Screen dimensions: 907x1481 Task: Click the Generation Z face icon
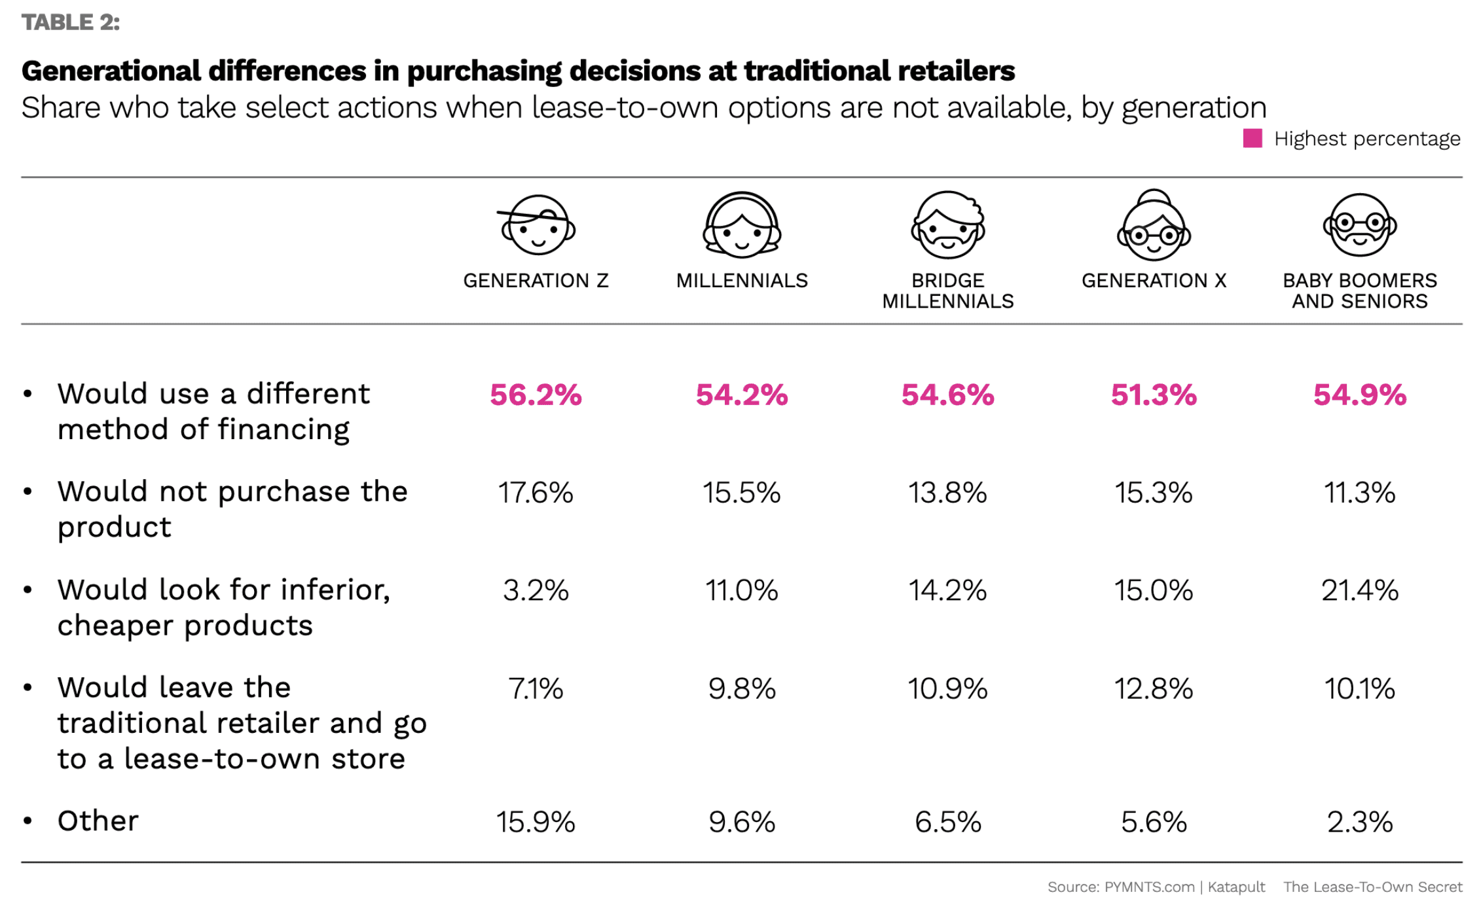pyautogui.click(x=538, y=225)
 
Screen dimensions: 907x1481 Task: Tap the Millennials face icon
pyautogui.click(x=742, y=225)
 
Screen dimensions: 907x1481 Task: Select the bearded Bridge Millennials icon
pyautogui.click(x=948, y=225)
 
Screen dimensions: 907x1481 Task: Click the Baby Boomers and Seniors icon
pyautogui.click(x=1360, y=225)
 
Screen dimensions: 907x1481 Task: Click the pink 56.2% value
pyautogui.click(x=536, y=395)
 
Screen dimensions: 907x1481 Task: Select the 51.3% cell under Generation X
pyautogui.click(x=1154, y=395)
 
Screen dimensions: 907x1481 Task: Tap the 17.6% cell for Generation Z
pyautogui.click(x=536, y=493)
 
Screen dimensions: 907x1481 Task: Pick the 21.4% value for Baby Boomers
pyautogui.click(x=1360, y=590)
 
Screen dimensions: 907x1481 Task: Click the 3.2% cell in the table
pyautogui.click(x=536, y=590)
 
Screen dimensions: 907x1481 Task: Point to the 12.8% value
pyautogui.click(x=1154, y=688)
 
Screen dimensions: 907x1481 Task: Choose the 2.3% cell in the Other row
pyautogui.click(x=1360, y=822)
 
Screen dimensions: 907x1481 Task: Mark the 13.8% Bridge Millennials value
pyautogui.click(x=947, y=493)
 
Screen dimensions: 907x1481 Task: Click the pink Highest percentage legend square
pyautogui.click(x=1252, y=138)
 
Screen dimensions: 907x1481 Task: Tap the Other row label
pyautogui.click(x=98, y=821)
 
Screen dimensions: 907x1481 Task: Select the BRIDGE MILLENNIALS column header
pyautogui.click(x=947, y=291)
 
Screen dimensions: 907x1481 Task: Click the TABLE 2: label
pyautogui.click(x=71, y=22)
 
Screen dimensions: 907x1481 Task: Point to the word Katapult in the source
pyautogui.click(x=1236, y=887)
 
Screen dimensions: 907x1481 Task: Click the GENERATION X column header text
pyautogui.click(x=1154, y=280)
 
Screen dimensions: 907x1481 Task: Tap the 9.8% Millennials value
pyautogui.click(x=742, y=688)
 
